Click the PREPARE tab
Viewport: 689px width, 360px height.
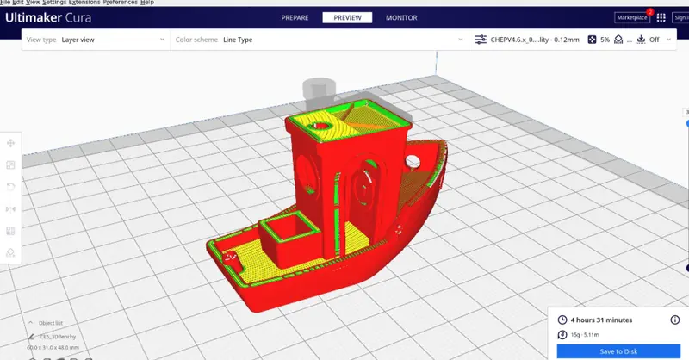tap(294, 17)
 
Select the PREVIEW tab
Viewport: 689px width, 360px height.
tap(347, 17)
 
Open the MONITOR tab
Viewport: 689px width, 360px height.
tap(401, 17)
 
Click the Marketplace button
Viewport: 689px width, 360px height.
tap(631, 17)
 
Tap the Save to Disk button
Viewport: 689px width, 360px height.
tap(619, 351)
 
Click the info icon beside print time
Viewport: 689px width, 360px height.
tap(674, 320)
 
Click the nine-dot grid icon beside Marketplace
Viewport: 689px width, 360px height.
tap(661, 17)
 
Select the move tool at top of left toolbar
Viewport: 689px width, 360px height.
tap(11, 143)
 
